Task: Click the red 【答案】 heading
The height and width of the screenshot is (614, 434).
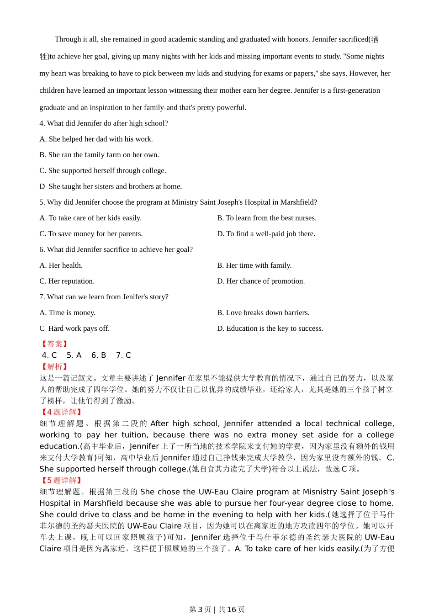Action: [x=54, y=344]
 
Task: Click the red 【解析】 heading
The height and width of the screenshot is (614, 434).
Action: [x=54, y=367]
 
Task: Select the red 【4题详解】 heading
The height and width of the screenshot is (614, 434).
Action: [x=62, y=412]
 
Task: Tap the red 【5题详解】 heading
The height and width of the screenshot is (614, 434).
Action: [x=62, y=481]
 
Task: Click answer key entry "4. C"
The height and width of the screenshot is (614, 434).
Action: [x=49, y=355]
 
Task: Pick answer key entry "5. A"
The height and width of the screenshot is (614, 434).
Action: [x=74, y=355]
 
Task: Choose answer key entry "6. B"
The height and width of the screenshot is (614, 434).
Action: [x=99, y=355]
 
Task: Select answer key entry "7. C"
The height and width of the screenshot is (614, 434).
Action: [x=123, y=355]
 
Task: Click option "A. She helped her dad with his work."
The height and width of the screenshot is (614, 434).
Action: [x=96, y=139]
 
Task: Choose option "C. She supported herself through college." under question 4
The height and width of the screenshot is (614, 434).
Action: [x=103, y=170]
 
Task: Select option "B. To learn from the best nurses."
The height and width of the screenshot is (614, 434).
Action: [x=267, y=218]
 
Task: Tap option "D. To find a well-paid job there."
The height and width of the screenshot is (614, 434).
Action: [x=266, y=233]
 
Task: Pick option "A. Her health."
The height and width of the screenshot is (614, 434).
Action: [x=61, y=265]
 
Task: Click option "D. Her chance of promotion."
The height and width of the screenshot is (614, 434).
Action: [x=261, y=281]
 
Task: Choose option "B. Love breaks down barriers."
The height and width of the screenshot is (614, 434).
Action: [x=263, y=312]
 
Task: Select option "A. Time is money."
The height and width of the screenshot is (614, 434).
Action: [x=68, y=312]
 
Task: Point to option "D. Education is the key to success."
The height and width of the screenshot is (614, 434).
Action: [x=270, y=328]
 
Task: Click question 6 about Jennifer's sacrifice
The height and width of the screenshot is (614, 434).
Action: [x=116, y=249]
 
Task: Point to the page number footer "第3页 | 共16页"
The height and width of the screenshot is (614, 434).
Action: [x=217, y=609]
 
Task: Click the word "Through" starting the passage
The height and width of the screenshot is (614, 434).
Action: [x=67, y=39]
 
